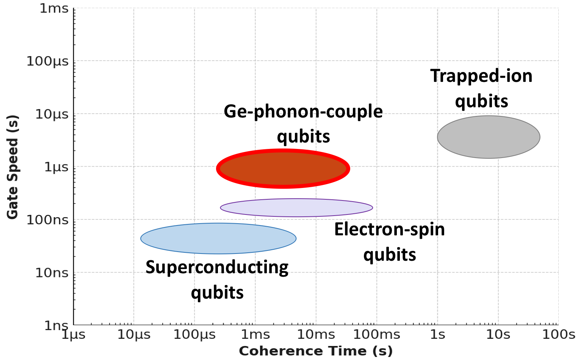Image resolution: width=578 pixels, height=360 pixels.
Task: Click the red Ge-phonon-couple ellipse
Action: [x=283, y=169]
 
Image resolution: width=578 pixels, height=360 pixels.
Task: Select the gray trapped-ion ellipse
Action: [x=489, y=137]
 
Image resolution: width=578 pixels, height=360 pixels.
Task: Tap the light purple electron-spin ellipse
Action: [x=296, y=208]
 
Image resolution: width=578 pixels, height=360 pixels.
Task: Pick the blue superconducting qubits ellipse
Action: [x=218, y=238]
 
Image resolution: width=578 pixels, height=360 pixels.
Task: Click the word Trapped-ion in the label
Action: [x=481, y=76]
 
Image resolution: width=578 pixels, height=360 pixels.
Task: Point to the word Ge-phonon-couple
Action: [x=303, y=111]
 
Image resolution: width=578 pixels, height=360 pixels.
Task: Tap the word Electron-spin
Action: [x=389, y=229]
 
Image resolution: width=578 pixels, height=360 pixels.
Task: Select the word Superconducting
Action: [x=217, y=267]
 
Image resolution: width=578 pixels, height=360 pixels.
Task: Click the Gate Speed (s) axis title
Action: [x=13, y=167]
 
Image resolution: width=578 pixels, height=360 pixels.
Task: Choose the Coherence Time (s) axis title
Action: [x=315, y=351]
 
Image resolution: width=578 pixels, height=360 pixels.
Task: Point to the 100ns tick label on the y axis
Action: [x=48, y=220]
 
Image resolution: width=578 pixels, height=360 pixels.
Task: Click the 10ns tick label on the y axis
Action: [x=52, y=272]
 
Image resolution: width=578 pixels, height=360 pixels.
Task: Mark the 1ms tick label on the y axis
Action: [x=54, y=8]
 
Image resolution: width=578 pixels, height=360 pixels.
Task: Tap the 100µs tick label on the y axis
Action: [x=48, y=61]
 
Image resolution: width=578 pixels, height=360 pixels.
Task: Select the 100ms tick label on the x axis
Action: [x=376, y=335]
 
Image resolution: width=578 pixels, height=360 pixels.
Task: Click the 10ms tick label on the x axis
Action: [x=316, y=335]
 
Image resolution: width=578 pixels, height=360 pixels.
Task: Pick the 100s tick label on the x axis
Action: [x=559, y=335]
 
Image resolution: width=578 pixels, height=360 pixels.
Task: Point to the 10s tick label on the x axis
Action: [x=498, y=335]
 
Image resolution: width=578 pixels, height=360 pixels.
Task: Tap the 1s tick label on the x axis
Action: [x=437, y=335]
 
